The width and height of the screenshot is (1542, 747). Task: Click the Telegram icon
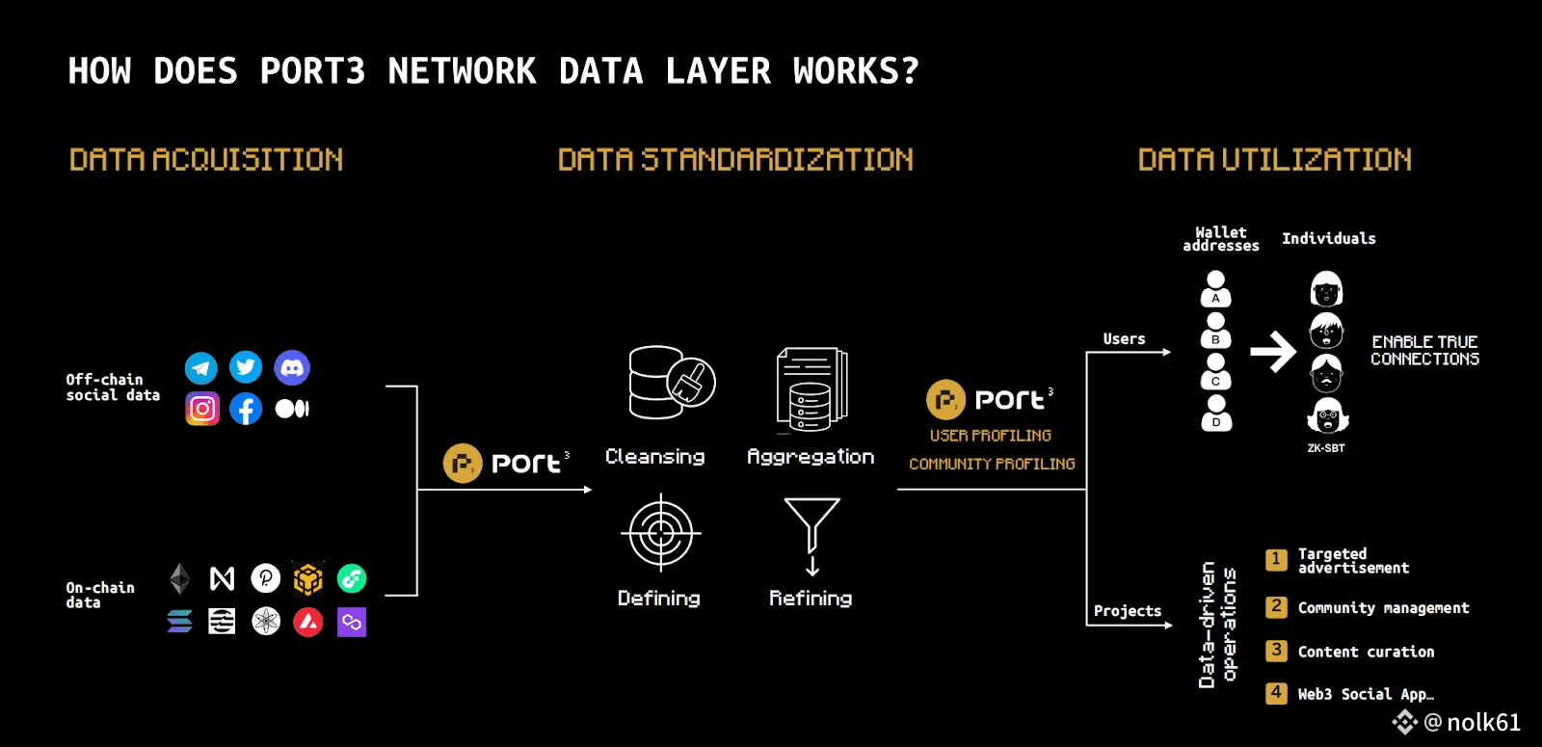[200, 367]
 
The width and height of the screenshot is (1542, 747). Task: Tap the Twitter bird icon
[246, 367]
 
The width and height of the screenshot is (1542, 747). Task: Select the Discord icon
[292, 367]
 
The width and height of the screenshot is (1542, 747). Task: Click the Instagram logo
[202, 409]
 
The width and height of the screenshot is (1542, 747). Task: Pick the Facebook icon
[246, 409]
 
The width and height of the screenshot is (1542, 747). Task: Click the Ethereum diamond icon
[179, 578]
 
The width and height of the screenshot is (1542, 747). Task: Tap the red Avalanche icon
[308, 622]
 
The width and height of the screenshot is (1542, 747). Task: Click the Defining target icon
[660, 532]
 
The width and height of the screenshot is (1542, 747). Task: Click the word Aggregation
[811, 457]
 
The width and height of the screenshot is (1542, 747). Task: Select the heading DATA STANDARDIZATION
[735, 160]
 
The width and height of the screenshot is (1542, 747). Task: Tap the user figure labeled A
[1216, 288]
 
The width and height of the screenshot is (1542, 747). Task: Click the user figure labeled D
[1216, 413]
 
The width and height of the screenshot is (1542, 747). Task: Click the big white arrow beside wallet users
[1273, 352]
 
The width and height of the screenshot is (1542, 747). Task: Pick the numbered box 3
[1276, 651]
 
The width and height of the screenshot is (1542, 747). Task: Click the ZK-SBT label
[1326, 448]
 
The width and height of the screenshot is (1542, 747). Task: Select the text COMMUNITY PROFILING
[992, 465]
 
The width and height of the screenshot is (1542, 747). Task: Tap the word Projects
[1128, 611]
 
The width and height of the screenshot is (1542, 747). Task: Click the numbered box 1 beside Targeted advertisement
[1276, 560]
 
